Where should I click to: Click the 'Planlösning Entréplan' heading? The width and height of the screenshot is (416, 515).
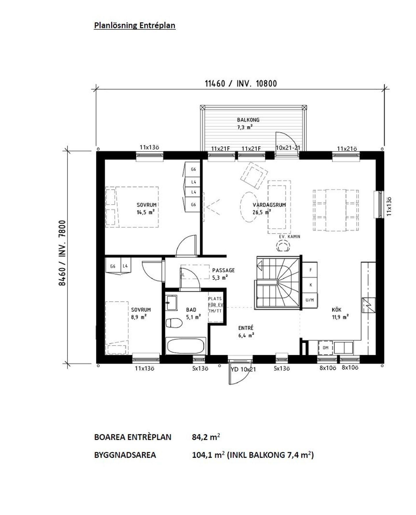click(x=135, y=25)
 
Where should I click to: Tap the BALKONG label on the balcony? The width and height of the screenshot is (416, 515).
click(x=248, y=120)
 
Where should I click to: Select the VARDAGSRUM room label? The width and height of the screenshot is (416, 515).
click(x=269, y=205)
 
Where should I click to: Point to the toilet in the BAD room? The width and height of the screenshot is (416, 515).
click(x=174, y=323)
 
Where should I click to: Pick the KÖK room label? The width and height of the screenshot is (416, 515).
click(x=337, y=310)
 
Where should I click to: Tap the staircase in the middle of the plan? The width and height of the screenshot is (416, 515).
click(x=278, y=283)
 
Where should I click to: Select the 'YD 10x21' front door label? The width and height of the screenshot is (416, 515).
click(x=243, y=369)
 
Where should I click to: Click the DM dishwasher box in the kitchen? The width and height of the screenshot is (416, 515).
click(x=326, y=348)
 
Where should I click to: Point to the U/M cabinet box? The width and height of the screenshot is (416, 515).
click(x=310, y=300)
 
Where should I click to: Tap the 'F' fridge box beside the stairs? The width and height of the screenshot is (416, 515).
click(x=310, y=270)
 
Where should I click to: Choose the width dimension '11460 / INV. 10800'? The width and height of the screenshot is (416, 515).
click(x=241, y=84)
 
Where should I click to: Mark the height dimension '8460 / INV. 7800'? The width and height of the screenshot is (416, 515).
click(x=62, y=253)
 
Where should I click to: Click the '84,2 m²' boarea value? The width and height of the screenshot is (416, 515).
click(x=206, y=437)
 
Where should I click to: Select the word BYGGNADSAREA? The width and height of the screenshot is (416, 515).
click(x=125, y=455)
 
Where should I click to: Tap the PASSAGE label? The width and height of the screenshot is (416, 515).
click(x=223, y=271)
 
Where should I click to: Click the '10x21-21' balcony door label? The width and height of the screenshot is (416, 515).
click(x=288, y=148)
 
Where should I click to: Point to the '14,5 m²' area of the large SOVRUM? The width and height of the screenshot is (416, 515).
click(x=146, y=212)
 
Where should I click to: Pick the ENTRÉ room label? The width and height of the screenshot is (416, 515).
click(x=246, y=328)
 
